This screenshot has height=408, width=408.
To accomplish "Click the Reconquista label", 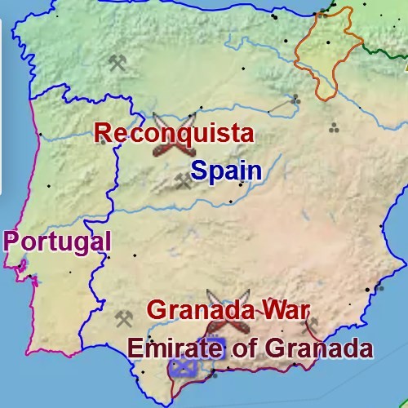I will [x=173, y=133].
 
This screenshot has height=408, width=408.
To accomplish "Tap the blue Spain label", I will [x=226, y=171].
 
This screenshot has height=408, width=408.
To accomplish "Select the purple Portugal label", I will [x=57, y=241].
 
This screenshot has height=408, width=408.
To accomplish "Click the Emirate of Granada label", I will [x=250, y=348].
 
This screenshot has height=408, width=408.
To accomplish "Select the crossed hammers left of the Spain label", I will [x=182, y=181].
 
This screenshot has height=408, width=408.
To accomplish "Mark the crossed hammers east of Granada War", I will [x=311, y=326].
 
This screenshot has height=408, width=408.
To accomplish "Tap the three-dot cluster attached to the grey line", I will [x=295, y=99].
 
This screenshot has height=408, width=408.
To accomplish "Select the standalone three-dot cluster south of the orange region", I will [x=334, y=127].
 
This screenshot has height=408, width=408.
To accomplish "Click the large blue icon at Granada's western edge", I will [x=184, y=366].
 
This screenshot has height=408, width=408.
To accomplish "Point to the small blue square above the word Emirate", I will [x=214, y=338].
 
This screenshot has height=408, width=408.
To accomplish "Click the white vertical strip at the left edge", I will [x=1, y=98].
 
